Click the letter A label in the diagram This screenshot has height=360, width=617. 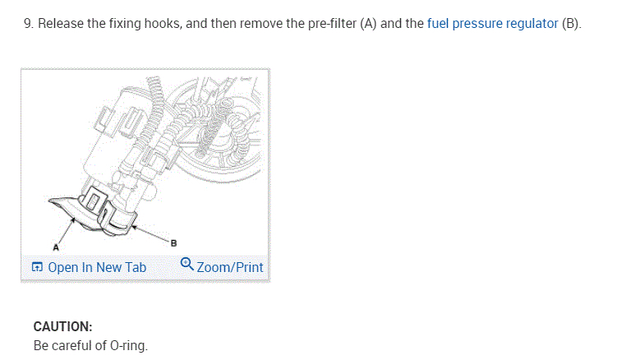click(x=56, y=245)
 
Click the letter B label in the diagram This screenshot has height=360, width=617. click(x=173, y=242)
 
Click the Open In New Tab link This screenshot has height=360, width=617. click(x=97, y=267)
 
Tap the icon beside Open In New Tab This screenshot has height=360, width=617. click(x=37, y=267)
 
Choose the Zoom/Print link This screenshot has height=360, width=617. click(x=230, y=267)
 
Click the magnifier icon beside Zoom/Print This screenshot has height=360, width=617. click(x=186, y=265)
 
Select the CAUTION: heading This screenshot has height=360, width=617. click(x=62, y=326)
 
